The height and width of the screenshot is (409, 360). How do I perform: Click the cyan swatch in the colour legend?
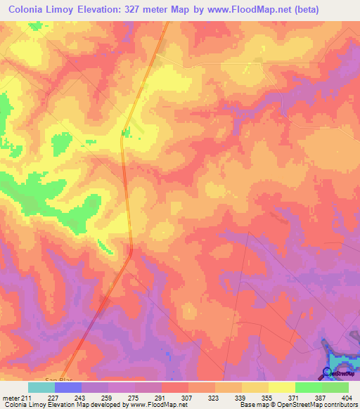[x=41, y=387]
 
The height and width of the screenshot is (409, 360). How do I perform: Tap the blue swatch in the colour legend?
[x=68, y=387]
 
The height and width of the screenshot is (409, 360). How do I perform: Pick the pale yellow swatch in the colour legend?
[x=282, y=387]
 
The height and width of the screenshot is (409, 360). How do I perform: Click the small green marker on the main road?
[x=126, y=131]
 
